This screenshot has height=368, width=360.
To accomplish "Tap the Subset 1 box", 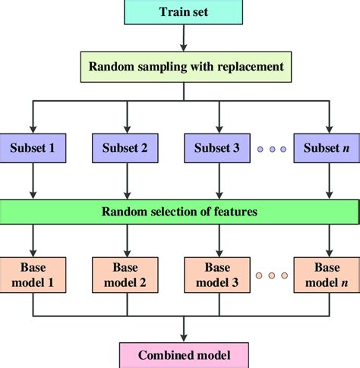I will (x=32, y=148).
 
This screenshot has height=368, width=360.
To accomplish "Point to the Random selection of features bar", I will (x=179, y=211).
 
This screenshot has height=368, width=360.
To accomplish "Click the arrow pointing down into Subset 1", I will (x=32, y=118).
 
